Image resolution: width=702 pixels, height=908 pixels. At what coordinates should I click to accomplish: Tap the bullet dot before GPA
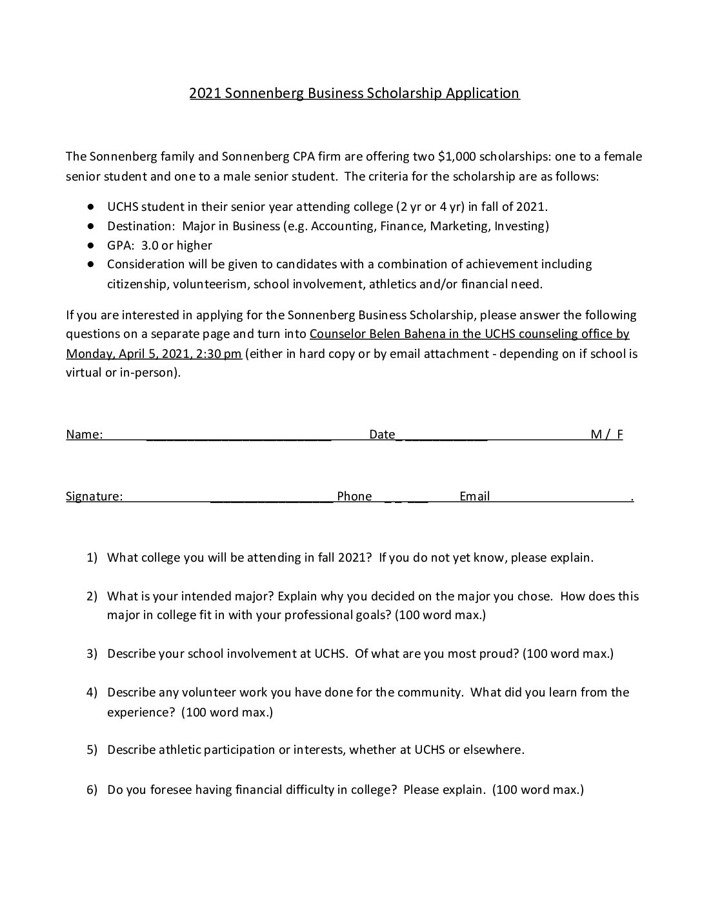tap(92, 245)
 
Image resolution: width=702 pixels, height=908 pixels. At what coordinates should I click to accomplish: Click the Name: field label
tap(84, 435)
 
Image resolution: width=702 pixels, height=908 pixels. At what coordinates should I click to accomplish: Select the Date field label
tap(382, 435)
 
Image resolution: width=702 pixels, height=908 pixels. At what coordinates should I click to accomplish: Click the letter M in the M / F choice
tap(597, 435)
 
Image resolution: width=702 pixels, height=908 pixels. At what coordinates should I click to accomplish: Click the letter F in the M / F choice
tap(620, 435)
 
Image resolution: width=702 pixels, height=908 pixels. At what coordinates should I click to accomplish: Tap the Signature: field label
tap(94, 497)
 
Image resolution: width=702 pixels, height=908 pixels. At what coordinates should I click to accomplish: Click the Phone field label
tap(354, 497)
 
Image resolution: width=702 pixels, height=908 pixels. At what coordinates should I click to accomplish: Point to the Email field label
tap(474, 497)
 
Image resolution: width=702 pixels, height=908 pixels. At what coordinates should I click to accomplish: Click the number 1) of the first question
tap(92, 558)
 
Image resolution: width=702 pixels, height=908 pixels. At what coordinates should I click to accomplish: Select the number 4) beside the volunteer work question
tap(92, 693)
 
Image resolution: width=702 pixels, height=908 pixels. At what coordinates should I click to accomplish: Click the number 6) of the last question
tap(92, 789)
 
